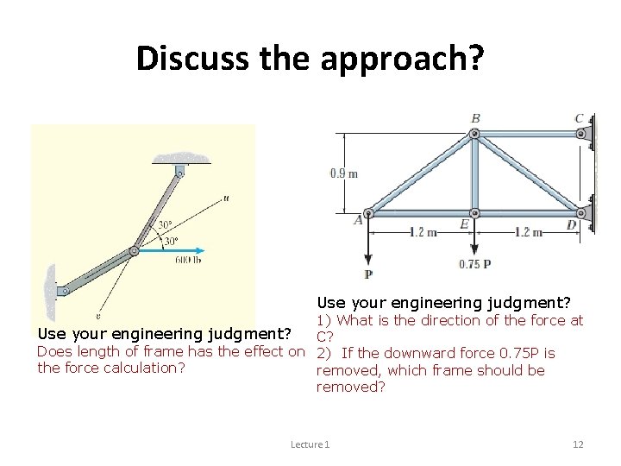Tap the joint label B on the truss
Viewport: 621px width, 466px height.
click(x=475, y=117)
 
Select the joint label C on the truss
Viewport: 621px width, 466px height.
click(x=579, y=118)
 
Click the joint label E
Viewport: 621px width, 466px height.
click(x=463, y=224)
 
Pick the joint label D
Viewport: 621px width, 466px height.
click(x=571, y=224)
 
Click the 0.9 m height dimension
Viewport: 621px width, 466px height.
click(x=343, y=173)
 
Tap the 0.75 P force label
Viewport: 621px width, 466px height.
click(x=474, y=264)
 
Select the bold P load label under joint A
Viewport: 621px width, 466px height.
click(x=368, y=274)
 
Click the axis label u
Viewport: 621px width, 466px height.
click(x=225, y=198)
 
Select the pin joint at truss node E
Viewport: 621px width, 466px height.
click(x=474, y=212)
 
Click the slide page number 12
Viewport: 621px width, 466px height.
click(x=578, y=444)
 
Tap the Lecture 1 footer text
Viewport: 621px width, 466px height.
click(x=310, y=444)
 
